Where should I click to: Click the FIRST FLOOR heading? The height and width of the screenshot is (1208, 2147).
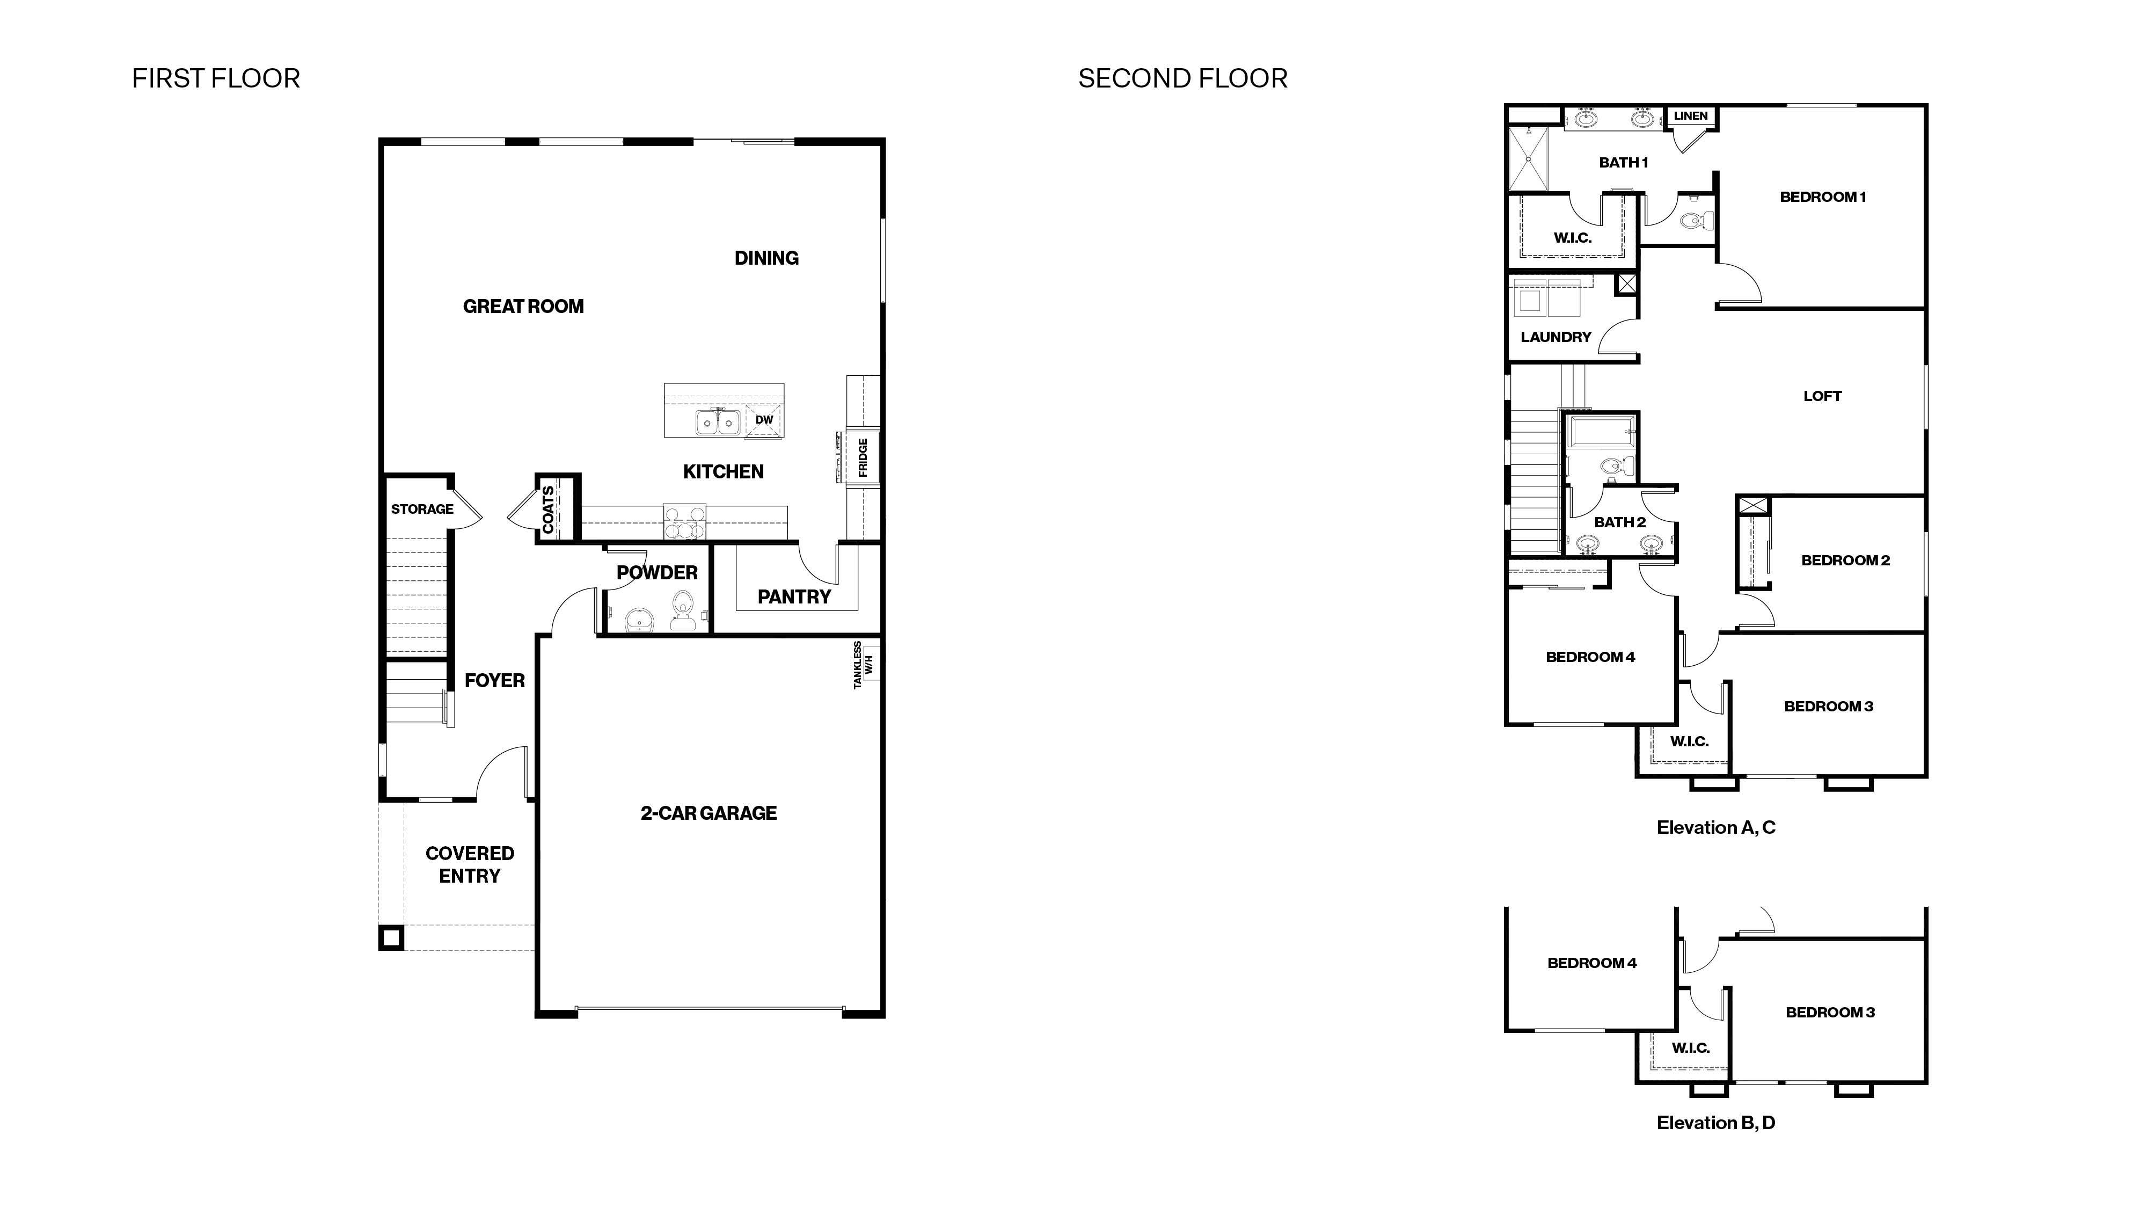[x=216, y=78]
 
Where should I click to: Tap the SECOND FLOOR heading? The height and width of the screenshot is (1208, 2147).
[x=1182, y=78]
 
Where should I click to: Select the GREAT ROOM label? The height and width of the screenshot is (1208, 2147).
[x=523, y=306]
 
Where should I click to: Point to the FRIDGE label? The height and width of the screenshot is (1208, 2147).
[x=863, y=457]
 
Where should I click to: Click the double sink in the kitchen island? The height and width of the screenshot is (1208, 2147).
[x=718, y=423]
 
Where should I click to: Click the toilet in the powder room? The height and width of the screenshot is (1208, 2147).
[x=683, y=610]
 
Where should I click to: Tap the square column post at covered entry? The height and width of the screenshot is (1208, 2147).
[x=391, y=938]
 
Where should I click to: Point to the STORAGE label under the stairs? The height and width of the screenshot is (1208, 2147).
[x=422, y=508]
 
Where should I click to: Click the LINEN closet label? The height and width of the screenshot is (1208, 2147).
[x=1690, y=116]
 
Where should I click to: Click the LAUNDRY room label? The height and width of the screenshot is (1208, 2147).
[x=1556, y=337]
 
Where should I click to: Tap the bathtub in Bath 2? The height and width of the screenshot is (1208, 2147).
[x=1600, y=432]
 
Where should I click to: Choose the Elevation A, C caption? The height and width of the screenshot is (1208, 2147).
[x=1715, y=827]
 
